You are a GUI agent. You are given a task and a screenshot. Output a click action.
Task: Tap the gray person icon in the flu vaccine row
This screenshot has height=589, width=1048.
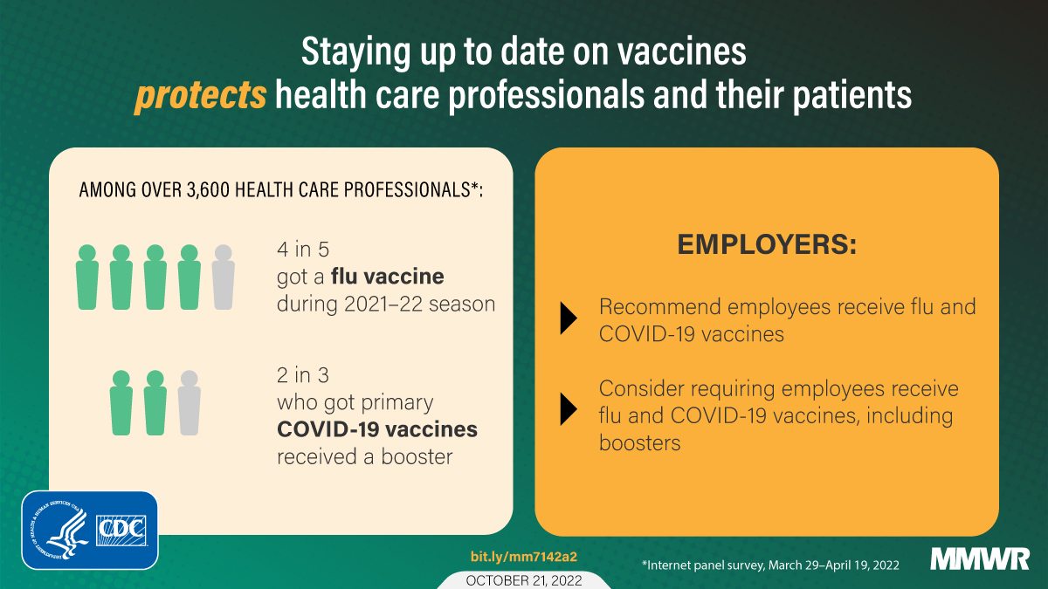[x=223, y=277]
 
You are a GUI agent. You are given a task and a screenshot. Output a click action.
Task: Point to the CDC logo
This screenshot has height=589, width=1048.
[x=122, y=528]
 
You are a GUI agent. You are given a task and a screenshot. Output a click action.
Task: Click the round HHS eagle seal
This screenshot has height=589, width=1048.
[x=59, y=528]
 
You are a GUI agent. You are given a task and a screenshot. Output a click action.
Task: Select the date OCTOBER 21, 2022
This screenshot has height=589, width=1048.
[x=523, y=580]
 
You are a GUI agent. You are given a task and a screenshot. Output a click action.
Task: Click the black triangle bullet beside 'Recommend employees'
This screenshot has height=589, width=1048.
[x=569, y=319]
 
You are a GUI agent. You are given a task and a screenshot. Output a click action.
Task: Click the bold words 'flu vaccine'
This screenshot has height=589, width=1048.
[x=393, y=277]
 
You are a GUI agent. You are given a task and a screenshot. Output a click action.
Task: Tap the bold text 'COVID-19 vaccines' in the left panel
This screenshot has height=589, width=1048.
[x=377, y=429]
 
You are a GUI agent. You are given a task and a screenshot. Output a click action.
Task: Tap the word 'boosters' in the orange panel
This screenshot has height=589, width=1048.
[x=639, y=443]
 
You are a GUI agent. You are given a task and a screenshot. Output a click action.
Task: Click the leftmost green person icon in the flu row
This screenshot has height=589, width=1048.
[x=86, y=277]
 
